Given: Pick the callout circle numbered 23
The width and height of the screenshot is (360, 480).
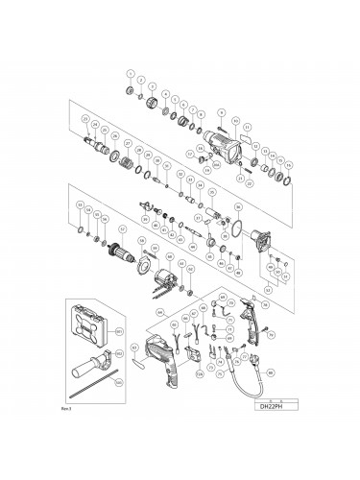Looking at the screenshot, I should tap(86, 119).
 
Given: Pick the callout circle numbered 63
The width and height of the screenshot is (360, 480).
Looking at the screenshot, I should tap(133, 347).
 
